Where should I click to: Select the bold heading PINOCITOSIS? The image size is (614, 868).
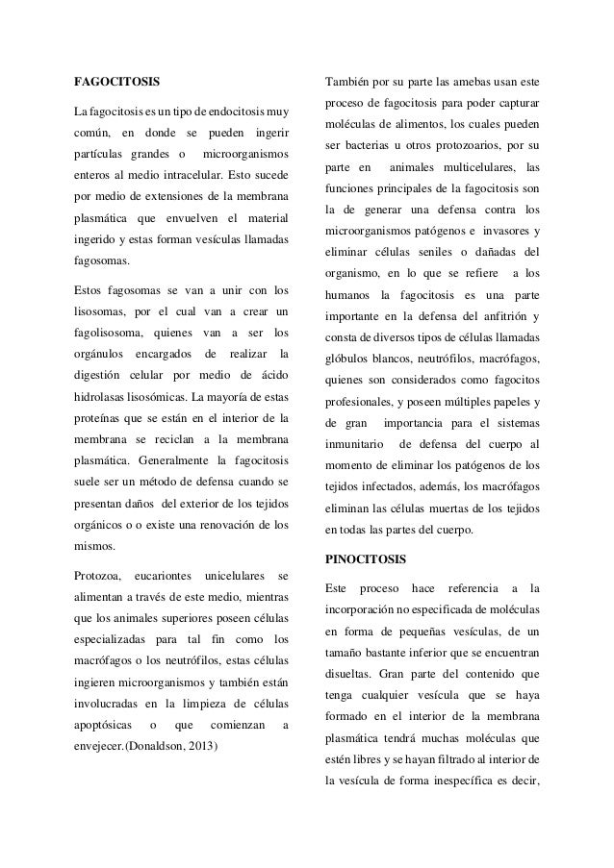366,558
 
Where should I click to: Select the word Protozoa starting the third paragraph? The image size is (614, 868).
98,577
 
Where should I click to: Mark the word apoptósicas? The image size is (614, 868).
107,724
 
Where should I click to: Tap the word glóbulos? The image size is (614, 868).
348,359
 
